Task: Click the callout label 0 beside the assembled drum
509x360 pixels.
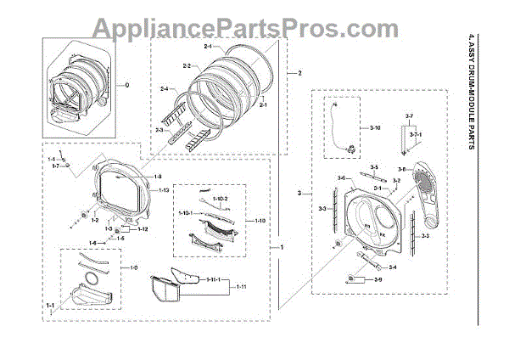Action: (127, 85)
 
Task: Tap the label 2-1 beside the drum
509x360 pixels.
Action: (263, 104)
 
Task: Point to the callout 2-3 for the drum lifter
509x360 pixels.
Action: (159, 130)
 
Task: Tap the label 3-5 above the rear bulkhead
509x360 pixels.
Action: (373, 167)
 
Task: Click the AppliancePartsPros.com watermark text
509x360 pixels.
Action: (254, 29)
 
